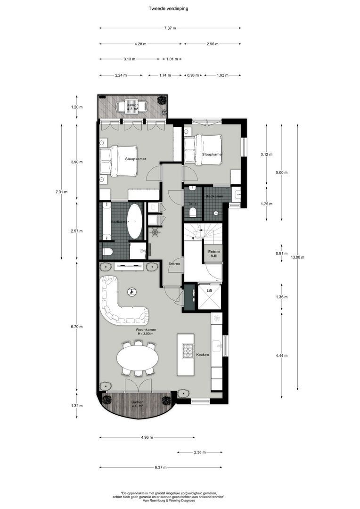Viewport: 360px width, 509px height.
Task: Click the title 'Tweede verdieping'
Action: point(168,8)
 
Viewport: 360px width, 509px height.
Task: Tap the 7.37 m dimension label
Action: point(170,28)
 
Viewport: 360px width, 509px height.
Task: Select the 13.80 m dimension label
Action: point(298,257)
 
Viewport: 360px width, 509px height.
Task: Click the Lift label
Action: point(210,291)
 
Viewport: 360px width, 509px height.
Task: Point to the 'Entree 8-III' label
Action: point(213,254)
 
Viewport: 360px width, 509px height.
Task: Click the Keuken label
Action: point(203,354)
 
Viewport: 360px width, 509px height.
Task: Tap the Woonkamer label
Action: point(146,329)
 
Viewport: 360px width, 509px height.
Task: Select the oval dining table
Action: point(138,359)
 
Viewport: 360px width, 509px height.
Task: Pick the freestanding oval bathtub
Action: point(136,222)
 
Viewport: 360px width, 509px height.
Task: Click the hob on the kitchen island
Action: point(188,351)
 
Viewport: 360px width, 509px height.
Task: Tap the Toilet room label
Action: point(193,204)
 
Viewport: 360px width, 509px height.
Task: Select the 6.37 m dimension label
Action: point(161,468)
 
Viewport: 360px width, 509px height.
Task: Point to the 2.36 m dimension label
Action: point(200,452)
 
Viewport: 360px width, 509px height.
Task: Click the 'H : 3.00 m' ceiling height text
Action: point(146,334)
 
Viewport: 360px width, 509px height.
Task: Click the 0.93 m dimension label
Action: point(192,75)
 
